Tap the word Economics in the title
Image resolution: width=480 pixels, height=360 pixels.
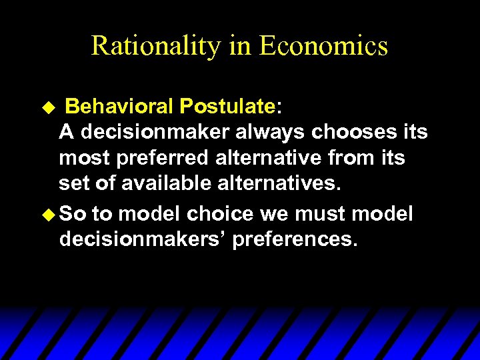coord(323,46)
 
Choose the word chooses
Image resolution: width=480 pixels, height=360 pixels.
coord(352,132)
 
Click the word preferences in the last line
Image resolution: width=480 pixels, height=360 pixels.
coord(295,239)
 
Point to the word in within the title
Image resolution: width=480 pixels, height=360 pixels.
coord(239,46)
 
